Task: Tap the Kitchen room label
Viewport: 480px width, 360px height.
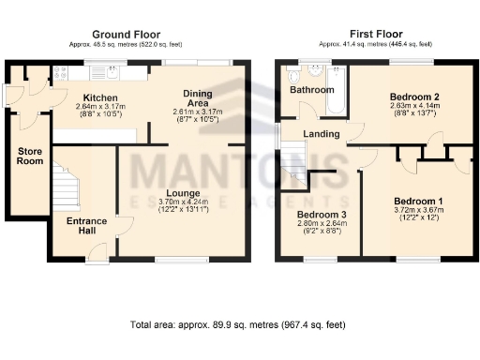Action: coord(99,97)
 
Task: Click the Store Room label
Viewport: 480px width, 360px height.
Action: coord(29,155)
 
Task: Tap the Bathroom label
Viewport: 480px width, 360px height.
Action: coord(310,90)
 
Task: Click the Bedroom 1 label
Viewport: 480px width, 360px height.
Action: coord(417,202)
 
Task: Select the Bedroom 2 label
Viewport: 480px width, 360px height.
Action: coord(414,96)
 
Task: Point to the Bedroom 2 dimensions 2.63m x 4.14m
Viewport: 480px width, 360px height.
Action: coord(414,106)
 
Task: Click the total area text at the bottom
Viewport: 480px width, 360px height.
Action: coord(239,324)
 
